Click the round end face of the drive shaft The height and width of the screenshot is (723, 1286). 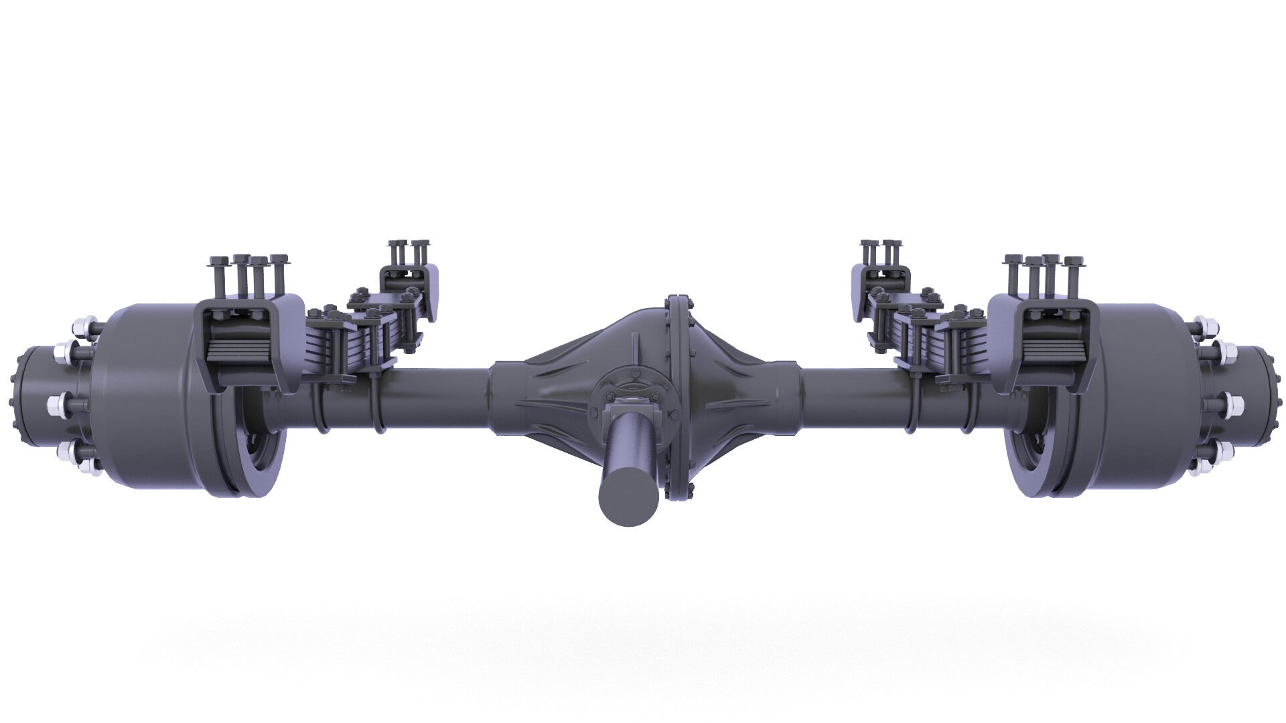coord(623,497)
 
